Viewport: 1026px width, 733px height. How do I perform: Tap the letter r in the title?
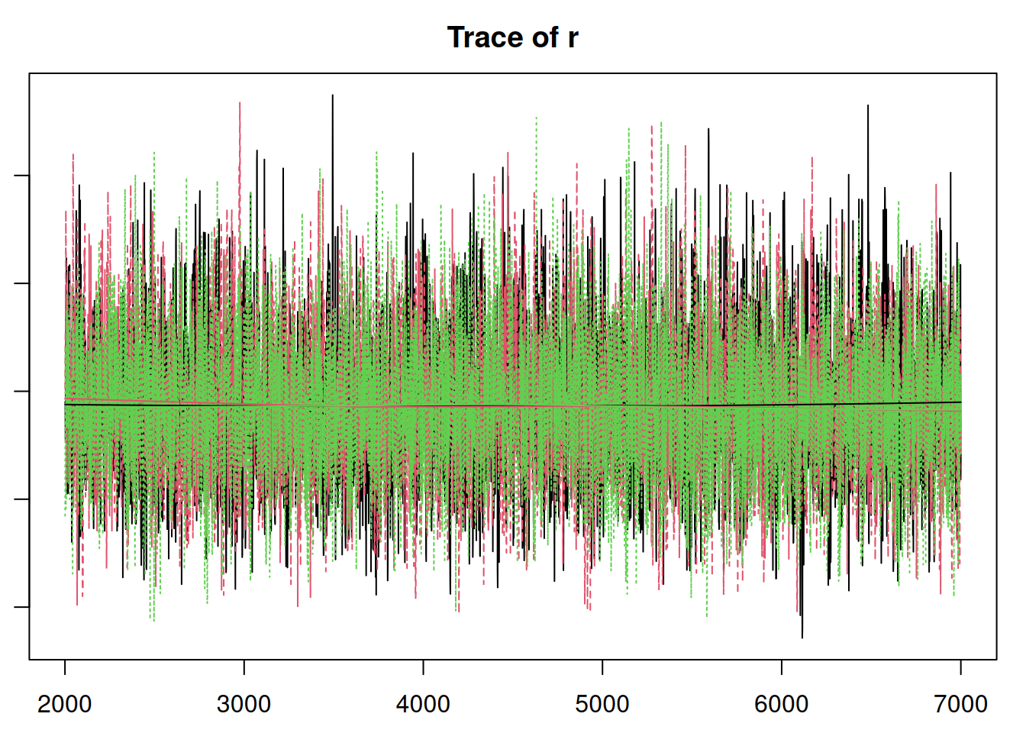pos(573,37)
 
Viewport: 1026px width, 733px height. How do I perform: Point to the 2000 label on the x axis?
pos(65,703)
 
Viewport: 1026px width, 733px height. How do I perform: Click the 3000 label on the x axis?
pos(244,703)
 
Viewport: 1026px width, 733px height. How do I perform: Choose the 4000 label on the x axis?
pos(423,703)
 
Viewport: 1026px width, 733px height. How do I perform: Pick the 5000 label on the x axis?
pos(602,703)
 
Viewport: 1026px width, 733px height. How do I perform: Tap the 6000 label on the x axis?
pos(782,703)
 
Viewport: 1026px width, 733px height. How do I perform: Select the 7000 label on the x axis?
pos(960,703)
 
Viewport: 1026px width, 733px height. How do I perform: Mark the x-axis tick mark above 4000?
pos(423,667)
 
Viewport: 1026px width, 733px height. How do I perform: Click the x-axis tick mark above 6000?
pos(782,667)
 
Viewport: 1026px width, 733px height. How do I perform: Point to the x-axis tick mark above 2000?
pos(65,667)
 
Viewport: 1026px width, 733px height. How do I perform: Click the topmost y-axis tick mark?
pos(22,176)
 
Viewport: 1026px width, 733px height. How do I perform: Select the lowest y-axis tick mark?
pos(22,607)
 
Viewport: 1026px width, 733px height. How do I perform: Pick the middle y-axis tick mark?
pos(22,391)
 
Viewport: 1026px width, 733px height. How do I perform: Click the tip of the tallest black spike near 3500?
pos(332,95)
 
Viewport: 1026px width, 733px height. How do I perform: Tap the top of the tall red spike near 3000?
pos(240,102)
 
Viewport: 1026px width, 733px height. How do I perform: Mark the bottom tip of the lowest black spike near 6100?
pos(802,637)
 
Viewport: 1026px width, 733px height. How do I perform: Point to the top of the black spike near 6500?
pos(868,105)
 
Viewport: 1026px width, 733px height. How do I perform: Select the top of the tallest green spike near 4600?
pos(537,118)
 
